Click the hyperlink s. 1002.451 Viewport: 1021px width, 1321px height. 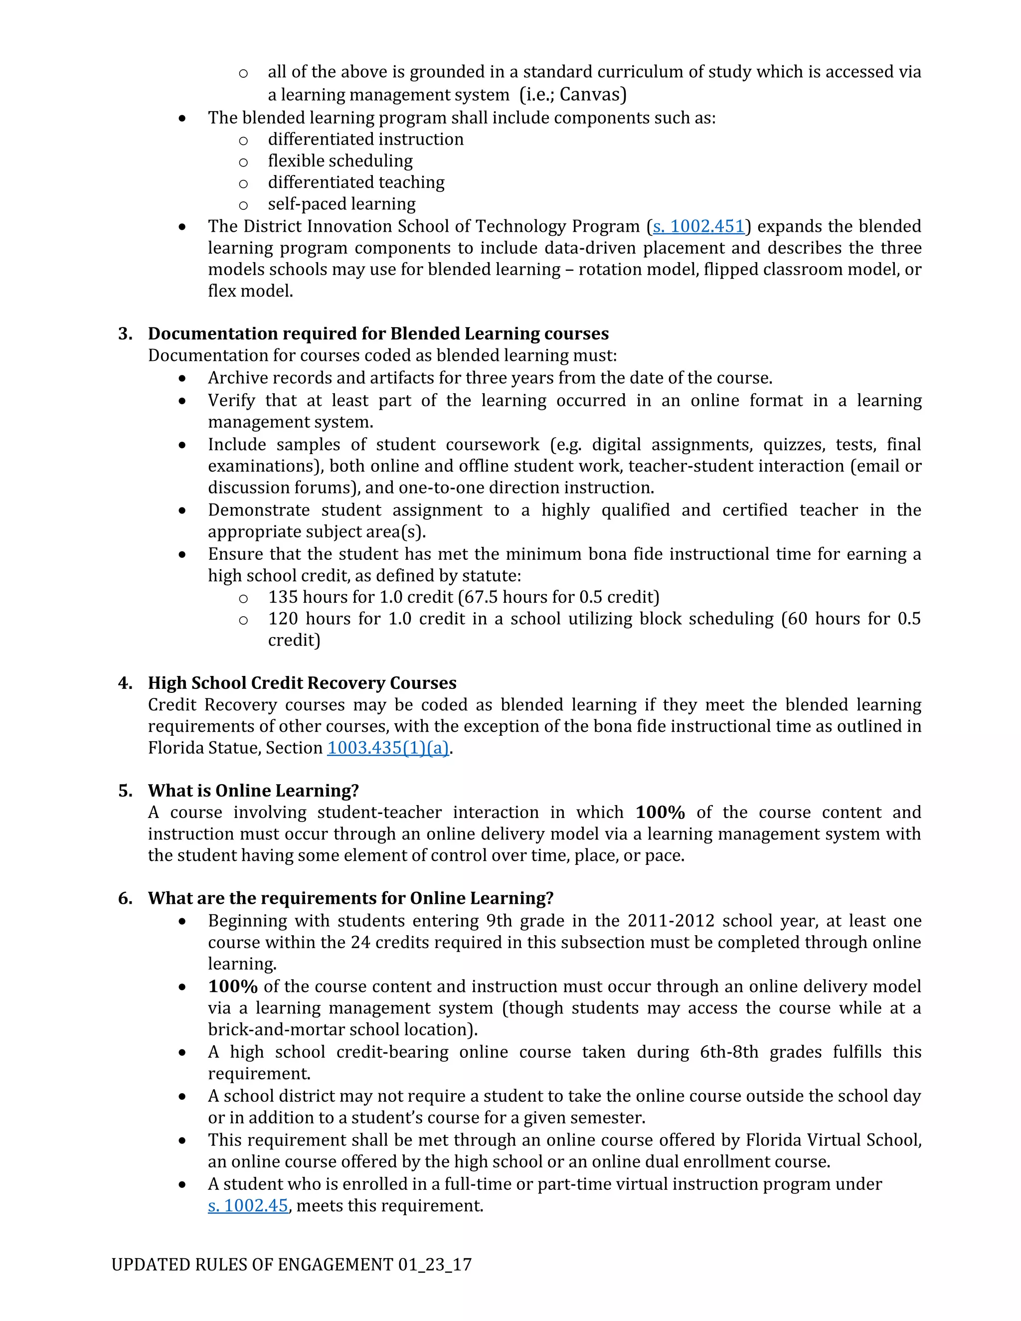[698, 226]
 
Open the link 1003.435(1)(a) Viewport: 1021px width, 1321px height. [388, 748]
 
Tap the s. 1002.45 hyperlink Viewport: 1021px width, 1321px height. [248, 1205]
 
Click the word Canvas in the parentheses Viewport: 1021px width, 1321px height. [590, 94]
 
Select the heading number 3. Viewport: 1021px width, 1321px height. [125, 334]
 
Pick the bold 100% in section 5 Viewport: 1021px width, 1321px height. [660, 813]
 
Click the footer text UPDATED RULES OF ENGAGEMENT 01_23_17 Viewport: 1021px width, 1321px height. [292, 1265]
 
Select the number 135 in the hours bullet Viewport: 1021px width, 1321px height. [283, 597]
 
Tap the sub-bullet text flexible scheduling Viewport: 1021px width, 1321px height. [340, 161]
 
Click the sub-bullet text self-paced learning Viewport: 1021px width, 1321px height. [341, 204]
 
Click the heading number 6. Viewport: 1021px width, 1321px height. [125, 898]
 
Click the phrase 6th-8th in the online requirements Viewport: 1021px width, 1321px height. [729, 1052]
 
